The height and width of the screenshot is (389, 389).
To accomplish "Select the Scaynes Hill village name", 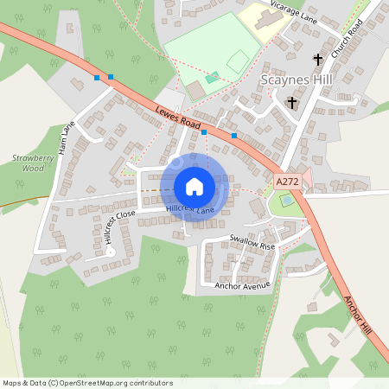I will [x=296, y=80].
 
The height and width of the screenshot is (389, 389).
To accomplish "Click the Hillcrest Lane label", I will [x=191, y=210].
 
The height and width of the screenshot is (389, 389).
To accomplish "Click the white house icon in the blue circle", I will [x=194, y=187].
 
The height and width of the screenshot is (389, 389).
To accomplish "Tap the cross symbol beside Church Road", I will [x=318, y=60].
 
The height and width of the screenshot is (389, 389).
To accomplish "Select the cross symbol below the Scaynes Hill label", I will [x=291, y=102].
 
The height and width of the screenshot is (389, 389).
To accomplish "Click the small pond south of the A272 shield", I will [x=286, y=201].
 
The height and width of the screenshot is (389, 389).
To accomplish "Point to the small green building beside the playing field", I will [x=213, y=78].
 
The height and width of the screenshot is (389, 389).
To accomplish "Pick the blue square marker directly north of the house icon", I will [x=204, y=132].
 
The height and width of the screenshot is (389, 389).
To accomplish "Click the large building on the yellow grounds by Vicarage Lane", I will [x=260, y=16].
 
